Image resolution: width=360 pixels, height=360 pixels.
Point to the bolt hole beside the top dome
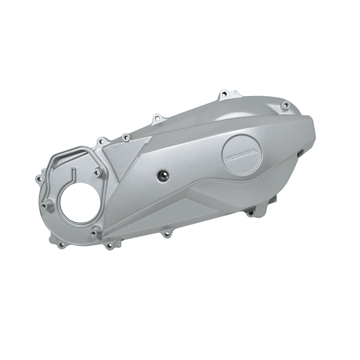pos(286,106)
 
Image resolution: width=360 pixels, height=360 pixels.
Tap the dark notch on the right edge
pos(298,154)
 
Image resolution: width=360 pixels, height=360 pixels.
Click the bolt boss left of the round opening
pos(47,206)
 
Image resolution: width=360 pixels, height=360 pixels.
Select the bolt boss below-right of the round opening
pos(96,228)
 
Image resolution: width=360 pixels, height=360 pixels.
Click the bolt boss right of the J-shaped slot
pos(97,173)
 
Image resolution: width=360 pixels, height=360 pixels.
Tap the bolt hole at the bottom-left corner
pos(61,245)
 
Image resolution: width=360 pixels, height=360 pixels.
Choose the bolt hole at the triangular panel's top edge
pos(125,137)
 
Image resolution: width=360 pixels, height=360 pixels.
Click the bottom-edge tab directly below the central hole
pos(166,233)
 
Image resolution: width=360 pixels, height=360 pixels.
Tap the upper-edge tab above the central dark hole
pos(157,118)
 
